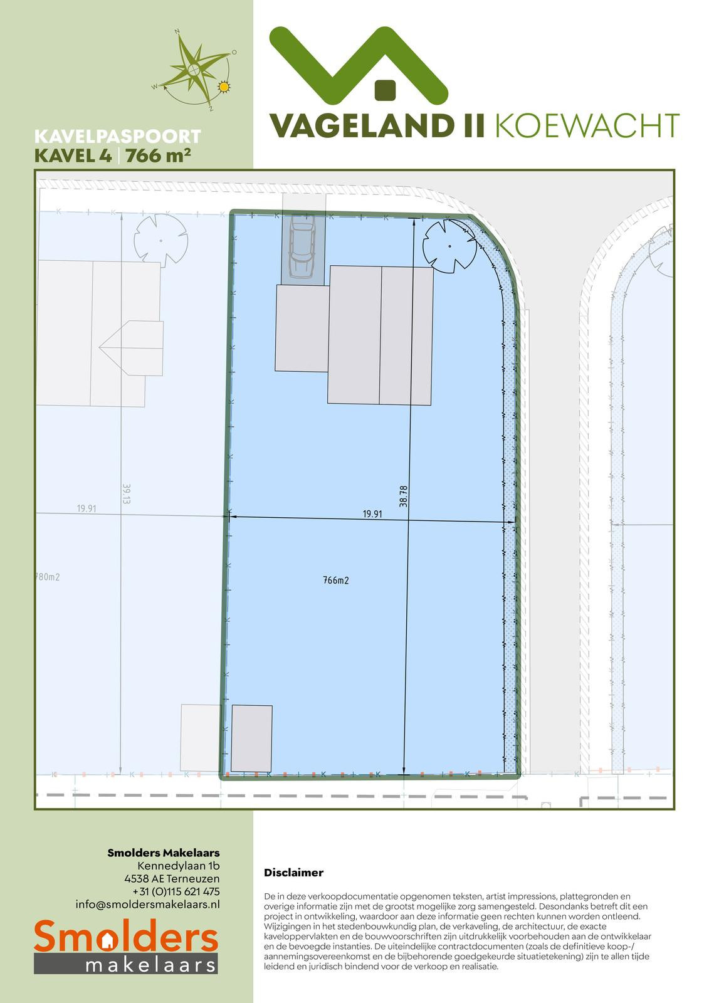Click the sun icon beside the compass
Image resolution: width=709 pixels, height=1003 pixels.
point(223,87)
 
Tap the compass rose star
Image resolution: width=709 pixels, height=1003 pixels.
point(194,69)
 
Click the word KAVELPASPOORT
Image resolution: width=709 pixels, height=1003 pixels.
point(117,137)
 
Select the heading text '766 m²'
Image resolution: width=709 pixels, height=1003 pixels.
point(158,155)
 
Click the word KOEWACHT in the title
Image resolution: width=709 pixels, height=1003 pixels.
point(587,125)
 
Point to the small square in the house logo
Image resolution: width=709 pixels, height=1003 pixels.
point(385,89)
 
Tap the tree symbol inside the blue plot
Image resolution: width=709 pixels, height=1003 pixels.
point(449,246)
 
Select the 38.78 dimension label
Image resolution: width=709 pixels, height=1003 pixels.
point(403,496)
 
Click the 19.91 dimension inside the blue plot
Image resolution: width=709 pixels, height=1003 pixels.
point(372,513)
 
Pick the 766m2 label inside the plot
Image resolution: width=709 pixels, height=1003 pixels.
point(336,580)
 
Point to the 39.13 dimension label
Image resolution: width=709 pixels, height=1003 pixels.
point(126,494)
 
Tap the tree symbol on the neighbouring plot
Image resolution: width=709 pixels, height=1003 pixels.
point(160,241)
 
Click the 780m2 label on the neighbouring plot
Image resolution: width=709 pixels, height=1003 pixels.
point(48,577)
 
